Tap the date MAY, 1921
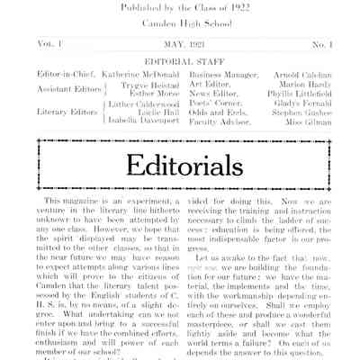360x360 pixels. (180, 42)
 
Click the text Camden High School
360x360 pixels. (180, 20)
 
